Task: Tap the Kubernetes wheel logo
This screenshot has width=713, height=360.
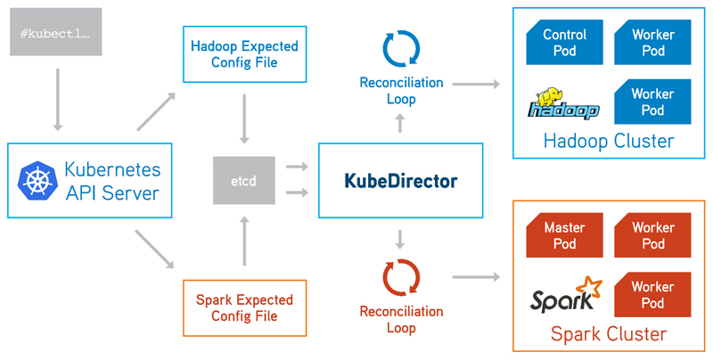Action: pyautogui.click(x=37, y=180)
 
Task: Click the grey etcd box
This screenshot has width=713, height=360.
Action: pyautogui.click(x=244, y=180)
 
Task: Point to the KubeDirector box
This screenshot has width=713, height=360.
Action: pyautogui.click(x=400, y=181)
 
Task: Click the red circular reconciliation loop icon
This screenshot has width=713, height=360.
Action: pyautogui.click(x=401, y=276)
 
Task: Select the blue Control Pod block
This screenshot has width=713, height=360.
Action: pyautogui.click(x=564, y=43)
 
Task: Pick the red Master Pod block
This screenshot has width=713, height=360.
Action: pyautogui.click(x=564, y=235)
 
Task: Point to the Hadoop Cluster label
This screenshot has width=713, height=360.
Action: pyautogui.click(x=609, y=142)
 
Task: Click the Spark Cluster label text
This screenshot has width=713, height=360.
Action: pyautogui.click(x=609, y=334)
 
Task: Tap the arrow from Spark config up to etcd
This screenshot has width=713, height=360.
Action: pyautogui.click(x=243, y=241)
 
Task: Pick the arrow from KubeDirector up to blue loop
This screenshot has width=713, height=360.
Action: pyautogui.click(x=400, y=125)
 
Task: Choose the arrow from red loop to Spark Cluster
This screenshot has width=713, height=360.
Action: pyautogui.click(x=474, y=277)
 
